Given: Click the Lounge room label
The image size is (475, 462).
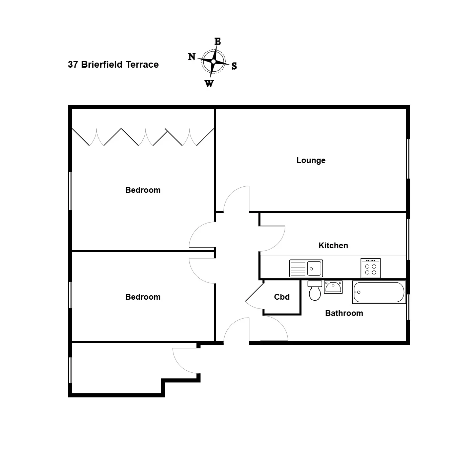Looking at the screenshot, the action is pyautogui.click(x=311, y=160).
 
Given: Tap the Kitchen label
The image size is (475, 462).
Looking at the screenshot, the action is pyautogui.click(x=333, y=246).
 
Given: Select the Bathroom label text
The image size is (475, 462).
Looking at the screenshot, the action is pyautogui.click(x=344, y=313).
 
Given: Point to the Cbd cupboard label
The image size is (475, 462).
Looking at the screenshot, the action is pyautogui.click(x=282, y=297).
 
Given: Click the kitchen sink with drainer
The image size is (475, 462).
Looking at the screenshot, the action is pyautogui.click(x=306, y=268).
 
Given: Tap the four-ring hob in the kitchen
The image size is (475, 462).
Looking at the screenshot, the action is pyautogui.click(x=371, y=268).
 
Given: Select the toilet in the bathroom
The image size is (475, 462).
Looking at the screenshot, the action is pyautogui.click(x=315, y=291).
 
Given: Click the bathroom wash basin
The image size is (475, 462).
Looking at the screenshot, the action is pyautogui.click(x=333, y=287).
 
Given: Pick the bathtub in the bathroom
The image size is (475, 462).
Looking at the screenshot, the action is pyautogui.click(x=379, y=292).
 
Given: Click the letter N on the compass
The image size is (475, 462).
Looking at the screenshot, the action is pyautogui.click(x=192, y=56).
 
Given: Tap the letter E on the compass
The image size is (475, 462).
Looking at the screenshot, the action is pyautogui.click(x=218, y=41).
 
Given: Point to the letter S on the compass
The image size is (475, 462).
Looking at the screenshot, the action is pyautogui.click(x=234, y=66).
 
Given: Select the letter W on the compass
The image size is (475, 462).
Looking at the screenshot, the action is pyautogui.click(x=209, y=84).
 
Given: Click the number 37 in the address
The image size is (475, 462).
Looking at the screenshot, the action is pyautogui.click(x=73, y=65).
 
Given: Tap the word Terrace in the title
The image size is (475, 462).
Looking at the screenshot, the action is pyautogui.click(x=142, y=65).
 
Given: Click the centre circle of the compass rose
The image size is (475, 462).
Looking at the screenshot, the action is pyautogui.click(x=213, y=62).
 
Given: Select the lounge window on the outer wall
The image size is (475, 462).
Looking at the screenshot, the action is pyautogui.click(x=408, y=159).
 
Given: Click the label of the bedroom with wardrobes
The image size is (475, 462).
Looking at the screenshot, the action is pyautogui.click(x=143, y=190).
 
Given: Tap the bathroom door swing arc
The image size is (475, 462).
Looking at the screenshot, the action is pyautogui.click(x=281, y=324).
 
